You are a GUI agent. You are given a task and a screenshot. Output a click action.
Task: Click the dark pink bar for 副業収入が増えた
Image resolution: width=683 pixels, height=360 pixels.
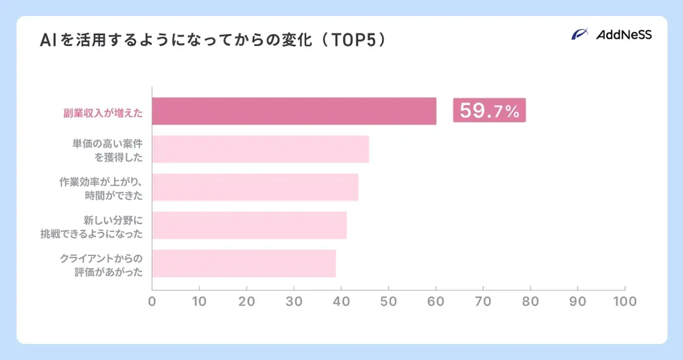point(294,111)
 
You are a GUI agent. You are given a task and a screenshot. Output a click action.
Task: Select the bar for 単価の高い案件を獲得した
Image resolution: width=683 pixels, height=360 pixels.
point(261,149)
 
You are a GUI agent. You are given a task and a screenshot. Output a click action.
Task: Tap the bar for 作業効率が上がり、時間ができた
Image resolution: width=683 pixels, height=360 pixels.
point(255,187)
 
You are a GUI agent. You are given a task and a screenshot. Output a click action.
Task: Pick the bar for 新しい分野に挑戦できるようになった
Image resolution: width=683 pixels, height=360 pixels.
point(249,225)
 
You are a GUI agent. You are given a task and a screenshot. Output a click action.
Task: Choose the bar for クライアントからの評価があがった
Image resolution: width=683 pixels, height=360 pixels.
point(244,263)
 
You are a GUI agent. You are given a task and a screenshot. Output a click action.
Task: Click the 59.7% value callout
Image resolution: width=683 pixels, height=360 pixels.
point(489,111)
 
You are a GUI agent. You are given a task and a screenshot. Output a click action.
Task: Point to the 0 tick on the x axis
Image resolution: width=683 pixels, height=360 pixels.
point(152,301)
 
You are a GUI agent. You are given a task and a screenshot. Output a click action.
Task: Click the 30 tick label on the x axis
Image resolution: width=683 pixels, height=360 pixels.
point(294,301)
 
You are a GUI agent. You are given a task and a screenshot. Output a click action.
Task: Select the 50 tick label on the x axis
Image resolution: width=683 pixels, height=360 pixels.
point(389,301)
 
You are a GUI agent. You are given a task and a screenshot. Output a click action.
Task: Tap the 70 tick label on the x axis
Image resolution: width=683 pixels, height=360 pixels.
point(483,301)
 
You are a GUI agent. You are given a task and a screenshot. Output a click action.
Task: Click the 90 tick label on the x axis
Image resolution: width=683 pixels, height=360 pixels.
point(578,301)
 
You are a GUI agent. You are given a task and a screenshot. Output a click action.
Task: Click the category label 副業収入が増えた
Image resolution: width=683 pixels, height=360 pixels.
point(99,111)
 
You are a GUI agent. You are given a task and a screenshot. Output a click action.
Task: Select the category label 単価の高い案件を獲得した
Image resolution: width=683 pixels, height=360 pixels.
point(108,149)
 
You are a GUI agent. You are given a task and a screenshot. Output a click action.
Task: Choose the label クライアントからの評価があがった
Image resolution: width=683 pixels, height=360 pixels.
point(101,264)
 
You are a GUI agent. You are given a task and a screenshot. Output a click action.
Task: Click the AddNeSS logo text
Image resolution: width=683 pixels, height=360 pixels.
point(624,35)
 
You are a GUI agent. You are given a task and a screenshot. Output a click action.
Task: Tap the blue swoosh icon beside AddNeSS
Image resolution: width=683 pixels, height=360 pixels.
point(580,35)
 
